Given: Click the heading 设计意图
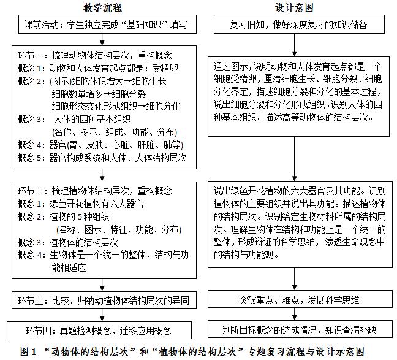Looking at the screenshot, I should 295,8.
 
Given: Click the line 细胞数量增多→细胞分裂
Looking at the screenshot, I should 99,93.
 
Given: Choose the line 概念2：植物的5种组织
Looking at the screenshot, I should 67,216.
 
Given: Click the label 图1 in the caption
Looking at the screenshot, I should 28,351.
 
